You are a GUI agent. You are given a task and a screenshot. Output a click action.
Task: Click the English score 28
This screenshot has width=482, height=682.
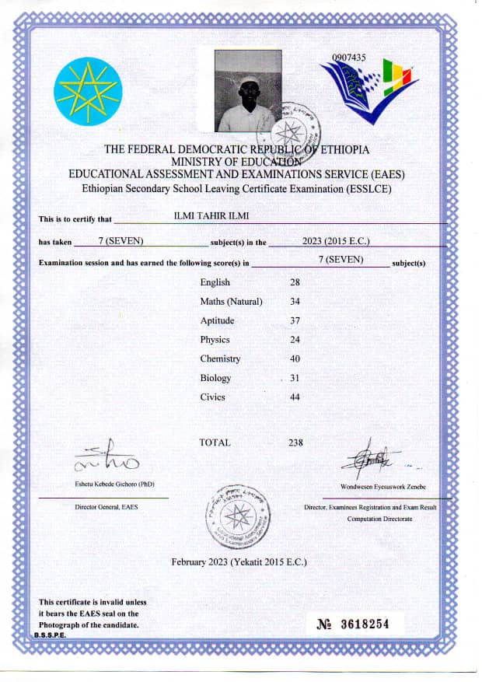[295, 282]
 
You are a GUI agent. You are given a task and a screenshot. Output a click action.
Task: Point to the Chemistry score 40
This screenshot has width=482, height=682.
[295, 358]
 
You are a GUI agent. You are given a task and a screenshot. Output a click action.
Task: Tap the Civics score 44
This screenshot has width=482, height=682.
[295, 397]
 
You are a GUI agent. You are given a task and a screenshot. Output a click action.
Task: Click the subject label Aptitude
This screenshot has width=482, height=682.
[217, 320]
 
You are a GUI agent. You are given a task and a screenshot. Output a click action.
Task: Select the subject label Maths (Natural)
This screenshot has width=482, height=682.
[231, 301]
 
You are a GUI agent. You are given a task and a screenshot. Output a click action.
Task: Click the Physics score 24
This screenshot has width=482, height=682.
[295, 339]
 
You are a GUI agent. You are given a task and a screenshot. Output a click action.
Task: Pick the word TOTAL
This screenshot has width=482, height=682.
[215, 442]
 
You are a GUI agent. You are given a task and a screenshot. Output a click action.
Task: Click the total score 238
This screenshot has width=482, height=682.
[295, 442]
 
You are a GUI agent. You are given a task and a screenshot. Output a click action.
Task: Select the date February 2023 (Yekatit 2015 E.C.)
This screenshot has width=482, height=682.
[239, 561]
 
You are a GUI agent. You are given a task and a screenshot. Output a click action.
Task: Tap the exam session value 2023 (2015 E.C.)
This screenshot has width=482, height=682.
[336, 241]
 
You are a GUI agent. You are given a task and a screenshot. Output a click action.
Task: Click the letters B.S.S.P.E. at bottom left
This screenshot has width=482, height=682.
[50, 635]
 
